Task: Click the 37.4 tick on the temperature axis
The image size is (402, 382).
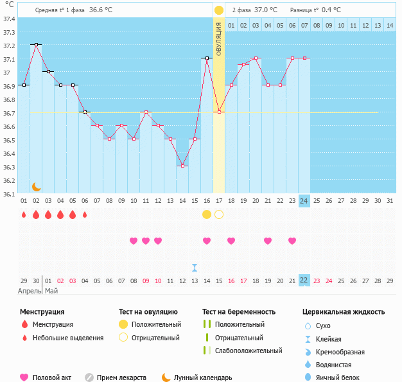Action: (x=8, y=19)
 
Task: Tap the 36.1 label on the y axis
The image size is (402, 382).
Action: (x=8, y=194)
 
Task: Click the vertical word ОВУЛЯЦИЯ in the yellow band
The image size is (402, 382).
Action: (x=218, y=39)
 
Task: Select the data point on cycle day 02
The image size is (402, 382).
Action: (x=36, y=44)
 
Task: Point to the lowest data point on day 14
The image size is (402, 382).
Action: (x=182, y=166)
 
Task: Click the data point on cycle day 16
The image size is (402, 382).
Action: (x=207, y=58)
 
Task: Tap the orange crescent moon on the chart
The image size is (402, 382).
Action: (x=37, y=186)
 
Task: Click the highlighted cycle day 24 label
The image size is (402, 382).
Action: (x=304, y=201)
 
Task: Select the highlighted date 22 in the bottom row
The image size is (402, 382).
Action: (x=304, y=281)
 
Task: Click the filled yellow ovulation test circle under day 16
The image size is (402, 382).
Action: (x=207, y=214)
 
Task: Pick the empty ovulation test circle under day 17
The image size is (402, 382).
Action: (x=219, y=214)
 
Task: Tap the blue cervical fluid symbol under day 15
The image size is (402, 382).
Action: (x=195, y=267)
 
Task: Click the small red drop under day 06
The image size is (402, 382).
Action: (x=85, y=214)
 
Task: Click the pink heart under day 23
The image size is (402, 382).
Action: (x=292, y=241)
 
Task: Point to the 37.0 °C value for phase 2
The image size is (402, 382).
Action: (x=266, y=10)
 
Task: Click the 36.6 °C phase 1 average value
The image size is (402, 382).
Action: (x=100, y=10)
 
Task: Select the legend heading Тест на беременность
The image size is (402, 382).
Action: (x=239, y=311)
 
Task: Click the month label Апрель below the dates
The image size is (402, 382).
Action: (x=29, y=291)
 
